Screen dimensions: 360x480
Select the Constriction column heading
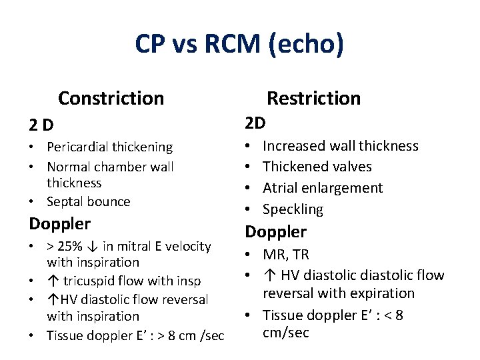[111, 98]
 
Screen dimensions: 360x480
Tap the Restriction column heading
[313, 98]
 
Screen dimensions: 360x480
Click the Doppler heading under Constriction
[60, 223]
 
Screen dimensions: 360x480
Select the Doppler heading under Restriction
[276, 232]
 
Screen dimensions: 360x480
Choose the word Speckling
[293, 209]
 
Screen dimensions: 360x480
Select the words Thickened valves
[317, 167]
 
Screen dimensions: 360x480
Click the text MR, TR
[286, 255]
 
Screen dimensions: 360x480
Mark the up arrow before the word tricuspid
[52, 281]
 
